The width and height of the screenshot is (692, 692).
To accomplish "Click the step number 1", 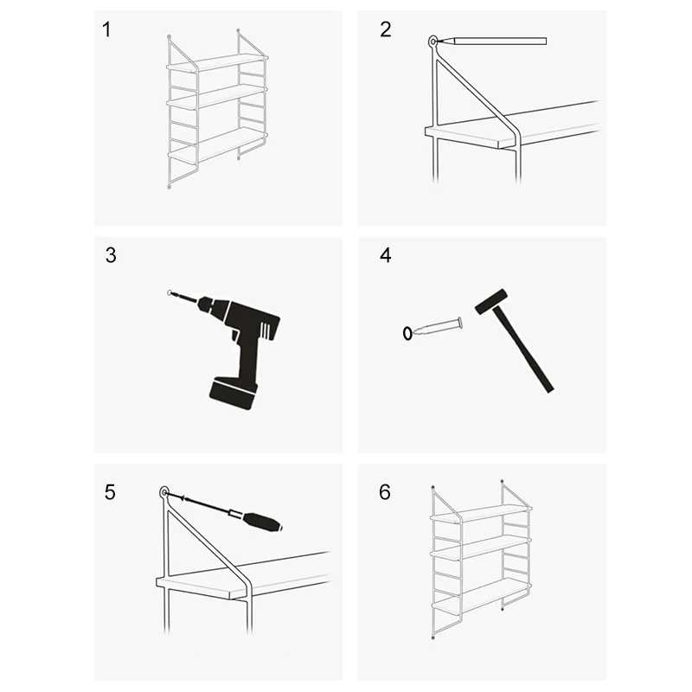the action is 106,29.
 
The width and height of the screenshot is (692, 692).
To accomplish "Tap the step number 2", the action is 385,29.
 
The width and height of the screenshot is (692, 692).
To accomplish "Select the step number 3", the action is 111,255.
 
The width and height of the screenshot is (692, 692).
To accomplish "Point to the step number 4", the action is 385,255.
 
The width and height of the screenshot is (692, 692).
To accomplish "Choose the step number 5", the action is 110,492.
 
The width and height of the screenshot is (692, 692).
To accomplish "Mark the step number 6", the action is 385,492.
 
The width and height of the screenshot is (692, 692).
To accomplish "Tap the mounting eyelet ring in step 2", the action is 433,42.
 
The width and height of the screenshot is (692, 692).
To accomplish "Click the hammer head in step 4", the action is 490,301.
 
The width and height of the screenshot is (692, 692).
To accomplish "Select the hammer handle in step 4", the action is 523,350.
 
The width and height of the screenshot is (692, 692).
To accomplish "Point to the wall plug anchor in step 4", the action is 439,327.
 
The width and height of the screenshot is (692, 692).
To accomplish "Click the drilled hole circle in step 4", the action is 407,333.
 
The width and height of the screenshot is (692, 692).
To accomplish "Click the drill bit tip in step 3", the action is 170,292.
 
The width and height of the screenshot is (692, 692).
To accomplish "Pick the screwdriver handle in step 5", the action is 264,522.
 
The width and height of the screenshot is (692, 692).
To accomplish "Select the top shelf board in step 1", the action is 218,62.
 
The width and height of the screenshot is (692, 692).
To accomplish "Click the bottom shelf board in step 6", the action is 481,596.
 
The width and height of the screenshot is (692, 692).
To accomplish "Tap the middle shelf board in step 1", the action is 217,96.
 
